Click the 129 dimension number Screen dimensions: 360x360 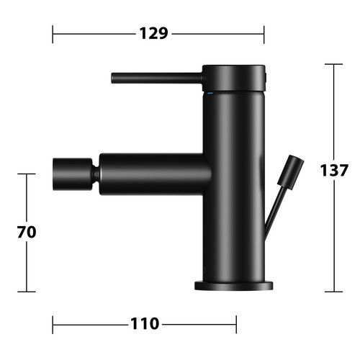(x=153, y=33)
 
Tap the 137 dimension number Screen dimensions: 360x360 (x=334, y=170)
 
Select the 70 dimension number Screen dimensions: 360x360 (x=27, y=232)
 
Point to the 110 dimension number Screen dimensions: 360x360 (x=145, y=324)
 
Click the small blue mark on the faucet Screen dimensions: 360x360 (x=210, y=93)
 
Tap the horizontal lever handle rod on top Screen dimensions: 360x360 (x=157, y=78)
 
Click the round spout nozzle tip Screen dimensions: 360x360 (x=73, y=174)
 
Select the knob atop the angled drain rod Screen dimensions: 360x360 (x=291, y=172)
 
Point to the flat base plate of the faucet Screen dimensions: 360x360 (x=233, y=286)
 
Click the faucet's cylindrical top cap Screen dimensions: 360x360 (x=234, y=78)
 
